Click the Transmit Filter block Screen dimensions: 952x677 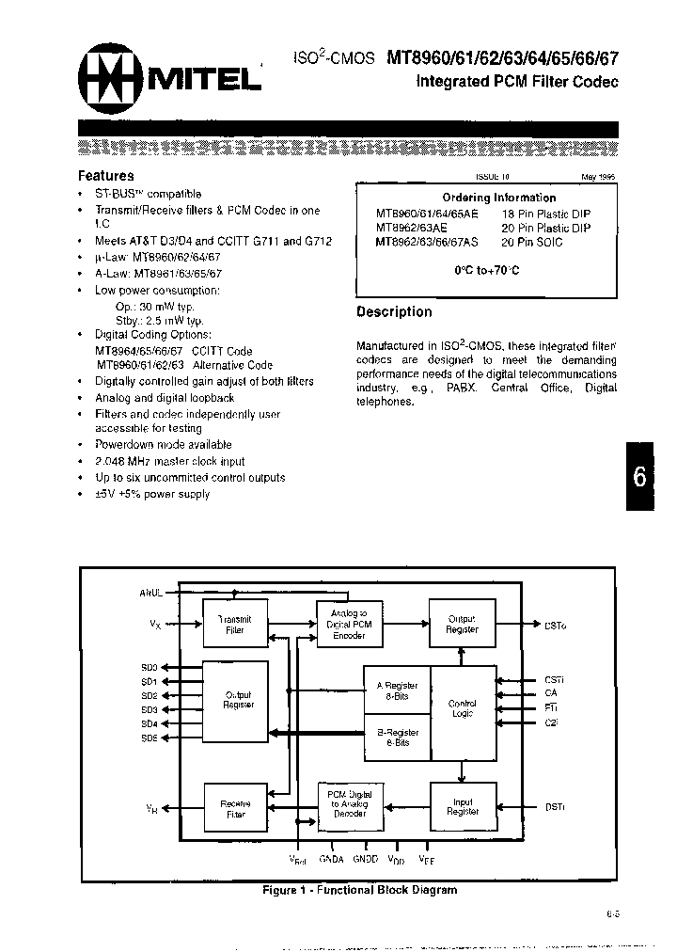tap(234, 624)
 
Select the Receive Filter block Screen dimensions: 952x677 tap(234, 808)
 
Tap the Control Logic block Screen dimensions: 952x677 tap(463, 708)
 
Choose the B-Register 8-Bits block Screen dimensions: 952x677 tap(396, 737)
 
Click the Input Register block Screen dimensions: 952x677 tap(462, 806)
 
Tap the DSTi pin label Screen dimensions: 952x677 tap(555, 807)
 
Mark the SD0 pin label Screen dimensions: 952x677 tap(150, 666)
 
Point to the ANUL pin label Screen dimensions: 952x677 tap(152, 594)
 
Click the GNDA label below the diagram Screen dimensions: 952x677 tap(332, 859)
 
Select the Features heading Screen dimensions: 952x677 tap(105, 175)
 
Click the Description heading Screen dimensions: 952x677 tap(394, 311)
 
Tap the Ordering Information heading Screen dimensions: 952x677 tap(486, 198)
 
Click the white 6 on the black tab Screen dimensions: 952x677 tap(638, 477)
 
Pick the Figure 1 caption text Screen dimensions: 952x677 tap(359, 890)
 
